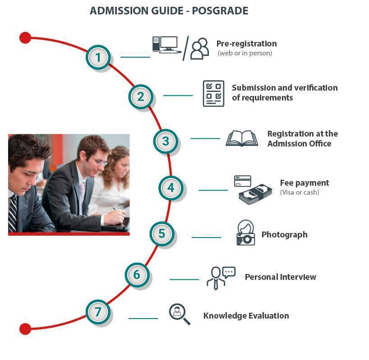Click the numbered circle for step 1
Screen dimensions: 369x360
(98, 57)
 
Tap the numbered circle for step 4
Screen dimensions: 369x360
(171, 188)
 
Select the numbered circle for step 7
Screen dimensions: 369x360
(98, 312)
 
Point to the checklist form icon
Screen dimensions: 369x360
(213, 94)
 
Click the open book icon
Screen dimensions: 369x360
(242, 138)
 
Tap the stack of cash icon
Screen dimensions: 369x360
(255, 194)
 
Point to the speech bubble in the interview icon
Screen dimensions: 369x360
(229, 272)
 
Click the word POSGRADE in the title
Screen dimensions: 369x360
(220, 11)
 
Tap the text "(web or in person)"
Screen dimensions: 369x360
(245, 53)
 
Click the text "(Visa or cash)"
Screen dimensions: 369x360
(300, 192)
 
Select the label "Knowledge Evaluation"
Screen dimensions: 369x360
(246, 315)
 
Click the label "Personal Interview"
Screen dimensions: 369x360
(281, 277)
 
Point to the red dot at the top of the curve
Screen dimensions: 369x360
(25, 38)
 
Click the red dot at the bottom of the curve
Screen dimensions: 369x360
(25, 329)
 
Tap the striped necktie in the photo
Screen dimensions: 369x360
(12, 213)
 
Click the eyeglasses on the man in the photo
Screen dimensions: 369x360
(99, 161)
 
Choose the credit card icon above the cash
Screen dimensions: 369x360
(242, 181)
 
